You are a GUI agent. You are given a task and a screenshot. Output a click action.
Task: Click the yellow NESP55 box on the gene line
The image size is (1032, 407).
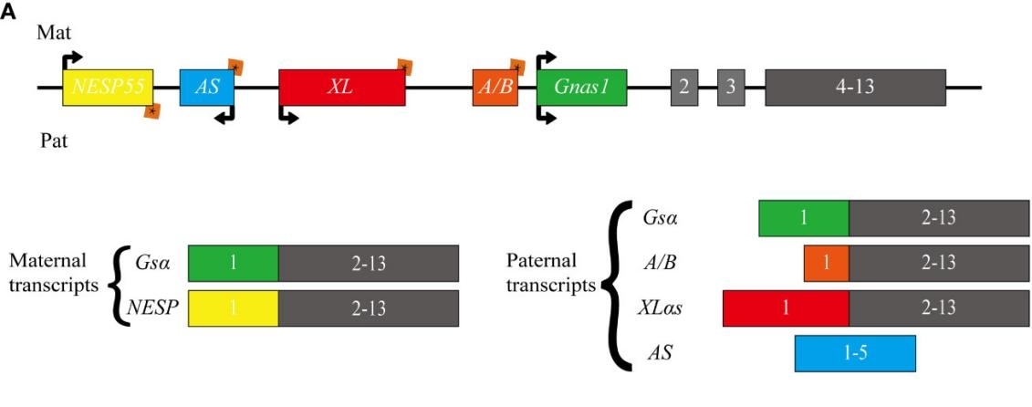[107, 87]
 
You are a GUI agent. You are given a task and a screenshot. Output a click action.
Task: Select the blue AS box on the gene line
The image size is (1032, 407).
[206, 87]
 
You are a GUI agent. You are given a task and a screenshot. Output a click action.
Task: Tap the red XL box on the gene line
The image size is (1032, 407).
[342, 88]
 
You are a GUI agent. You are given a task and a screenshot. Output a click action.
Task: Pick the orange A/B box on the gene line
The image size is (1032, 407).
[495, 88]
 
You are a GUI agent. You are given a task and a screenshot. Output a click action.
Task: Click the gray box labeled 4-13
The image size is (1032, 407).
[855, 88]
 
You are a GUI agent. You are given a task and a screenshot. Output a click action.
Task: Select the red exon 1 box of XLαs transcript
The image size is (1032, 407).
[785, 308]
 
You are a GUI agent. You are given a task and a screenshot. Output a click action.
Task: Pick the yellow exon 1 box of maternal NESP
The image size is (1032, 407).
[232, 308]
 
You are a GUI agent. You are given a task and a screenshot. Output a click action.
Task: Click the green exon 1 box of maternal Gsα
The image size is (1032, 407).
[232, 263]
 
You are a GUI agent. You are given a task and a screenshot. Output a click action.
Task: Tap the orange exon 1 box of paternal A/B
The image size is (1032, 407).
[826, 263]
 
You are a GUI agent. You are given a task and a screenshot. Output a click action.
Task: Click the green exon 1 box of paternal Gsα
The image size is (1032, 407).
[803, 218]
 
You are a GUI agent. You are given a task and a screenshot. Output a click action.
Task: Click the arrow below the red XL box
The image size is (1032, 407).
[287, 116]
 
